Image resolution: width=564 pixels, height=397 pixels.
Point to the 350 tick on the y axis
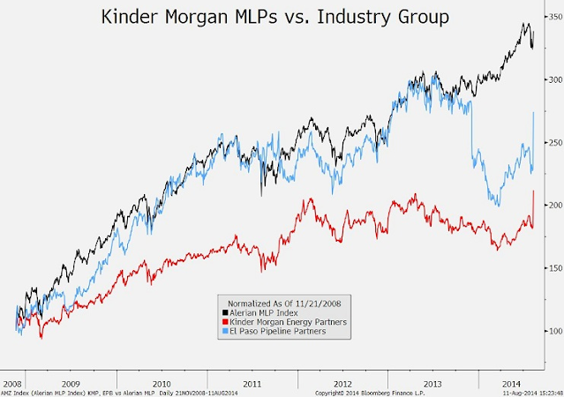553,42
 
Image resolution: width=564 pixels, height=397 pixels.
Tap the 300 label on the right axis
553,79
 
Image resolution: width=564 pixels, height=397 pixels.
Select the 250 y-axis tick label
553,142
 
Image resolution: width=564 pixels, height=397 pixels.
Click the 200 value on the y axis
553,205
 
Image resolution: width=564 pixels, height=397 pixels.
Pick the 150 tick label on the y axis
553,268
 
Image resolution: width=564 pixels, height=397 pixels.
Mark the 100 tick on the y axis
553,331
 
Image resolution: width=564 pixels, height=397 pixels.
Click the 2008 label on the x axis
12,384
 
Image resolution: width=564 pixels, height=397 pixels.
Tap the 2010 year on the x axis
162,384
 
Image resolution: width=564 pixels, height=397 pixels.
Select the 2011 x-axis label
252,384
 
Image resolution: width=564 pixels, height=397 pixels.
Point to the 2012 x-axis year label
342,384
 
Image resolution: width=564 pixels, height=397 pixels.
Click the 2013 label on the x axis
432,384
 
